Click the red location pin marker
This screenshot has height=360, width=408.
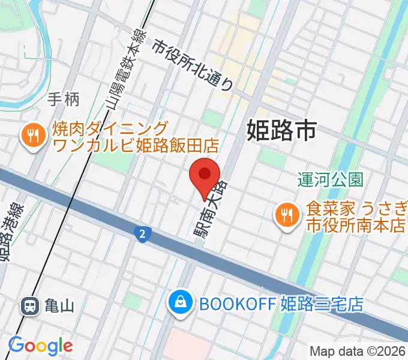click(x=205, y=176)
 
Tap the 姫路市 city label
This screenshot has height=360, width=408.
click(x=281, y=130)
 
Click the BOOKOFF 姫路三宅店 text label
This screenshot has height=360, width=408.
click(x=281, y=304)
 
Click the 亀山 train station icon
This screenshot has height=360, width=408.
click(x=29, y=306)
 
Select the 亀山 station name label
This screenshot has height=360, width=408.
click(x=59, y=306)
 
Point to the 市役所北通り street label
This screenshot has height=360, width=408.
click(x=192, y=65)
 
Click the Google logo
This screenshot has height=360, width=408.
click(x=40, y=346)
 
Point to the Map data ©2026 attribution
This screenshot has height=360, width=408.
click(x=358, y=352)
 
